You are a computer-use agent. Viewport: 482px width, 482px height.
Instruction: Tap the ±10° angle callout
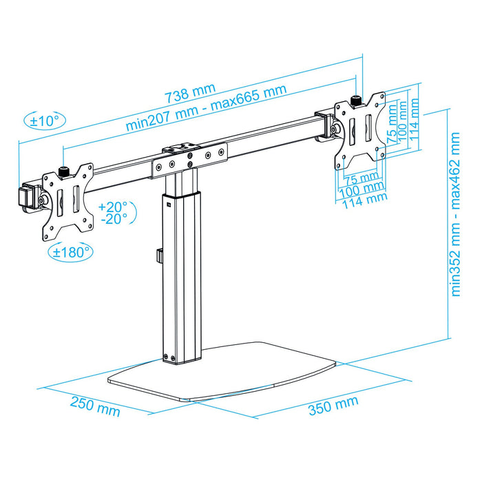click(x=45, y=120)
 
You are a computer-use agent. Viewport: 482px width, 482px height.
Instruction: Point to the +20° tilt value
click(x=112, y=207)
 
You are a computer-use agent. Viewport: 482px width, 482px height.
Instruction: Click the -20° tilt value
click(x=112, y=220)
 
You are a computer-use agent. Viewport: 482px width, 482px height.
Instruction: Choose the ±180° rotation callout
click(x=72, y=252)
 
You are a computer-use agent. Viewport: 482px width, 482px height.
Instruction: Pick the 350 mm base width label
click(x=333, y=406)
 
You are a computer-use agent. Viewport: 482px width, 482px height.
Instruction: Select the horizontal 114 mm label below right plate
click(x=365, y=200)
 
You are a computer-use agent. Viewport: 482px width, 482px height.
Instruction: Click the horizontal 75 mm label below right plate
click(x=361, y=178)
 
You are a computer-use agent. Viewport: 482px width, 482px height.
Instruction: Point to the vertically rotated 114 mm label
click(x=414, y=118)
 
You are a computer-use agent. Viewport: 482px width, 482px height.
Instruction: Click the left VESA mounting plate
click(x=67, y=200)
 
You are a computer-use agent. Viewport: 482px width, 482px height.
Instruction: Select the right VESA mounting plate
click(x=359, y=129)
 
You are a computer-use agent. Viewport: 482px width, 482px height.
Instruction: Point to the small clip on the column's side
click(x=158, y=257)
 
